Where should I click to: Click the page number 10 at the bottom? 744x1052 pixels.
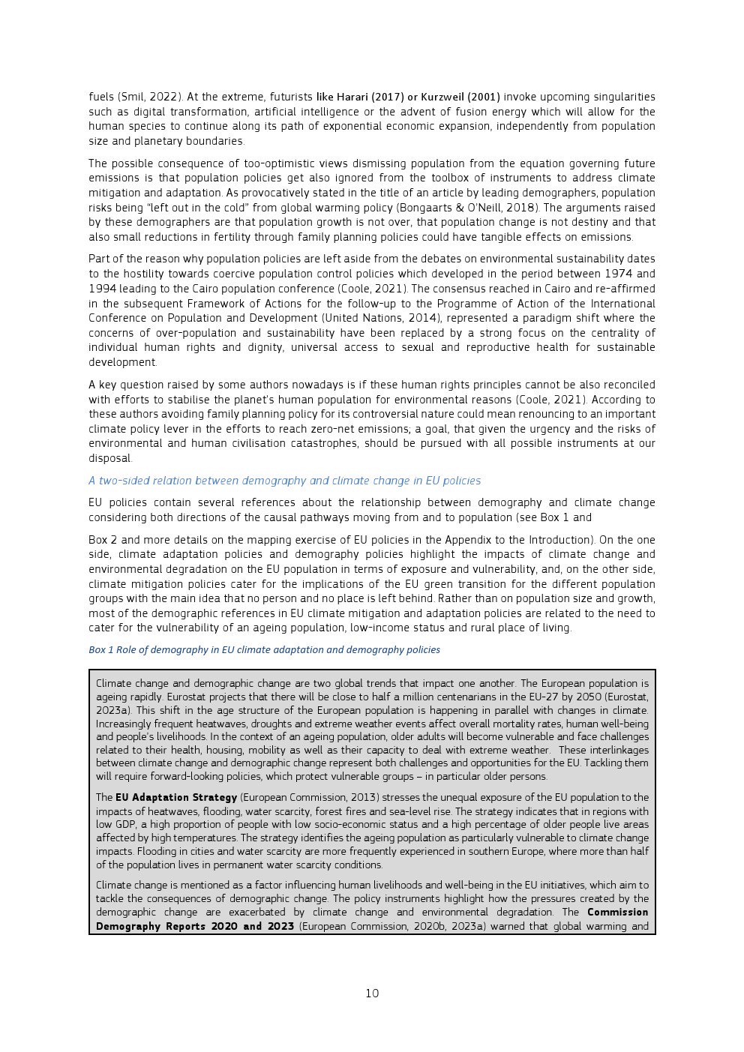pos(372,994)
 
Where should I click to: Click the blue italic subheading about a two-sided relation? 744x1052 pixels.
pos(284,481)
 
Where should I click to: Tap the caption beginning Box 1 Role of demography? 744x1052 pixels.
pos(264,650)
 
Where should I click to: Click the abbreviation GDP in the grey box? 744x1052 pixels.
pos(124,825)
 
